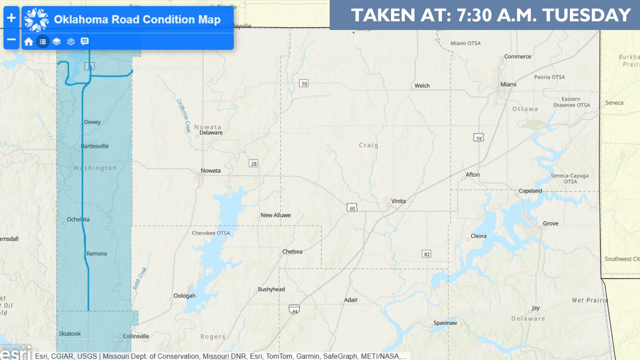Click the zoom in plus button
11,18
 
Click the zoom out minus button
11,40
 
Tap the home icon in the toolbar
29,42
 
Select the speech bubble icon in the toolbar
85,42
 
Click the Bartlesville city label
95,146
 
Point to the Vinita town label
398,201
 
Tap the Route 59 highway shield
478,138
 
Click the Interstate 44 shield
294,310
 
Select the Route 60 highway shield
352,207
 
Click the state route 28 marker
254,164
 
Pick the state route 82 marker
427,254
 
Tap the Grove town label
550,223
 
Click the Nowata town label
210,171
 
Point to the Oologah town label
184,296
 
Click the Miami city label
508,85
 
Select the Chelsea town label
292,251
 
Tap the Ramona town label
97,254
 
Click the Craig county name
368,145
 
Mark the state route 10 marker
304,83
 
